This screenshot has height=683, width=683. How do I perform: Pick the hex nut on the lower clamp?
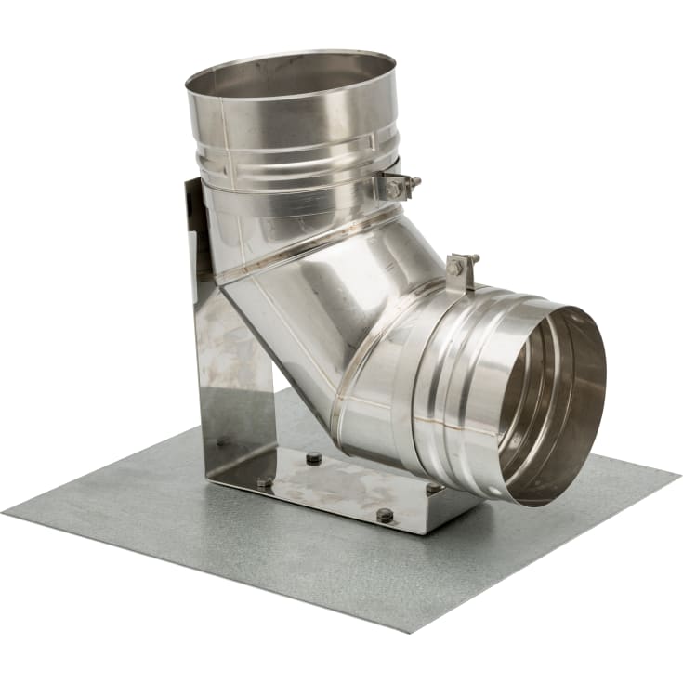point(456,268)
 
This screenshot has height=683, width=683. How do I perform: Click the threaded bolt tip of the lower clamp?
point(474,257)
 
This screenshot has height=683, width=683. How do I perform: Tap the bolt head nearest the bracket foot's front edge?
point(385,514)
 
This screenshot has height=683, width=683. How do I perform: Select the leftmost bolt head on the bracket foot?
point(266,482)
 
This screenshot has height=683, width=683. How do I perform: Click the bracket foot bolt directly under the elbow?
point(313,458)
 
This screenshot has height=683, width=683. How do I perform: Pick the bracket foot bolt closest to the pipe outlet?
point(433,488)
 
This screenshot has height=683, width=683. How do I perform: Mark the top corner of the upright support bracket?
point(190,180)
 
